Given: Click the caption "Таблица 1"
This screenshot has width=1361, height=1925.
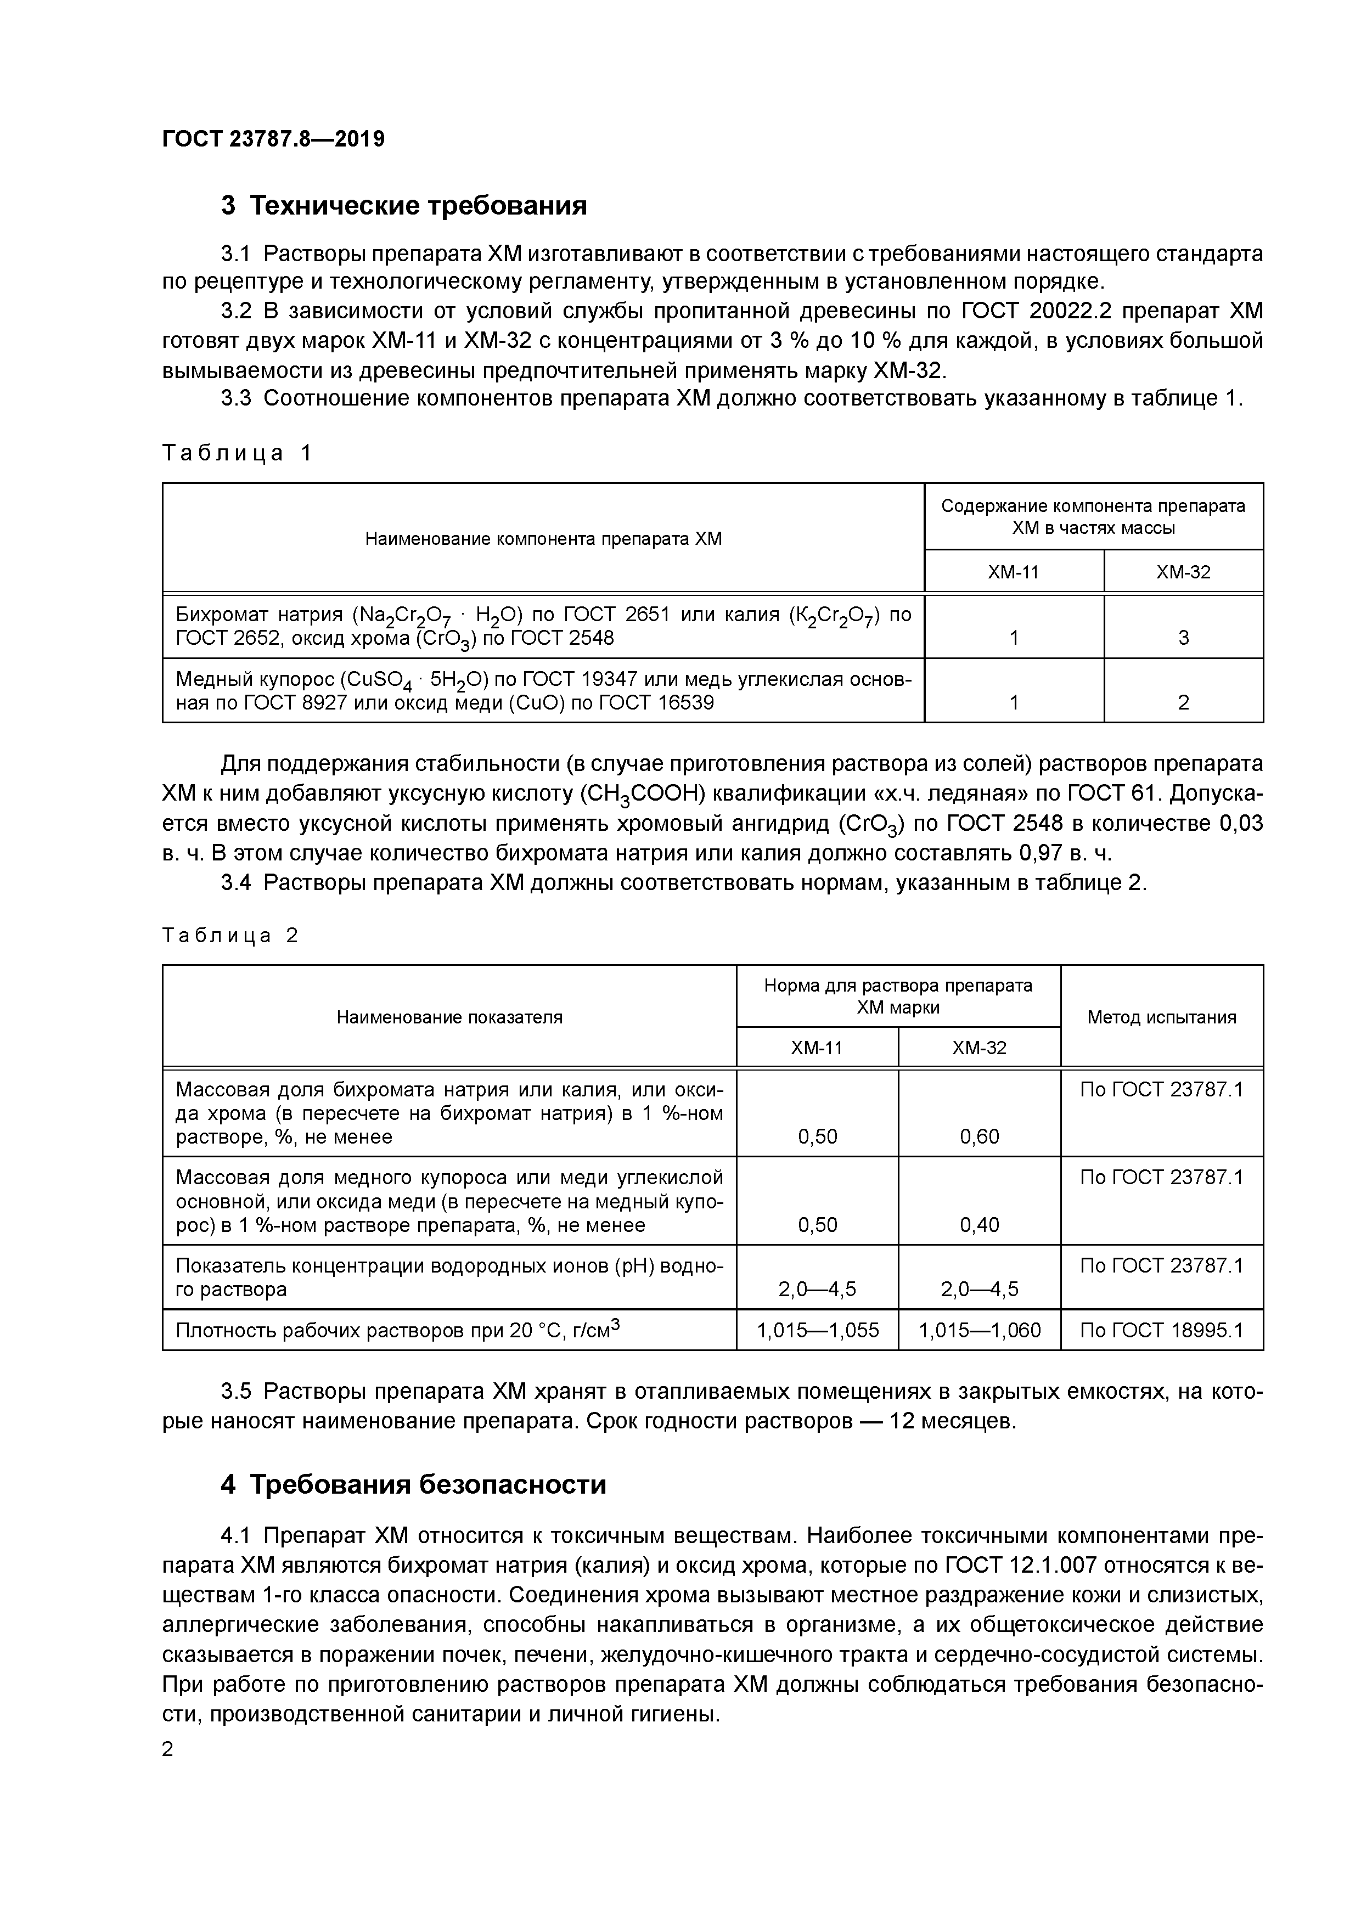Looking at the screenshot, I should pyautogui.click(x=237, y=454).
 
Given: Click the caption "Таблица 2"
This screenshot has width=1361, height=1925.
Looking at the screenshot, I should pyautogui.click(x=230, y=936).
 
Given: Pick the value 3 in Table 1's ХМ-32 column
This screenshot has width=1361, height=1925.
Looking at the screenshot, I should pyautogui.click(x=1183, y=638).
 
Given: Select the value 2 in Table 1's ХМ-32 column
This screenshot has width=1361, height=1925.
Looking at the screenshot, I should pyautogui.click(x=1183, y=702).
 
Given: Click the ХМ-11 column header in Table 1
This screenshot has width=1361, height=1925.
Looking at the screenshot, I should pyautogui.click(x=1013, y=573).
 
